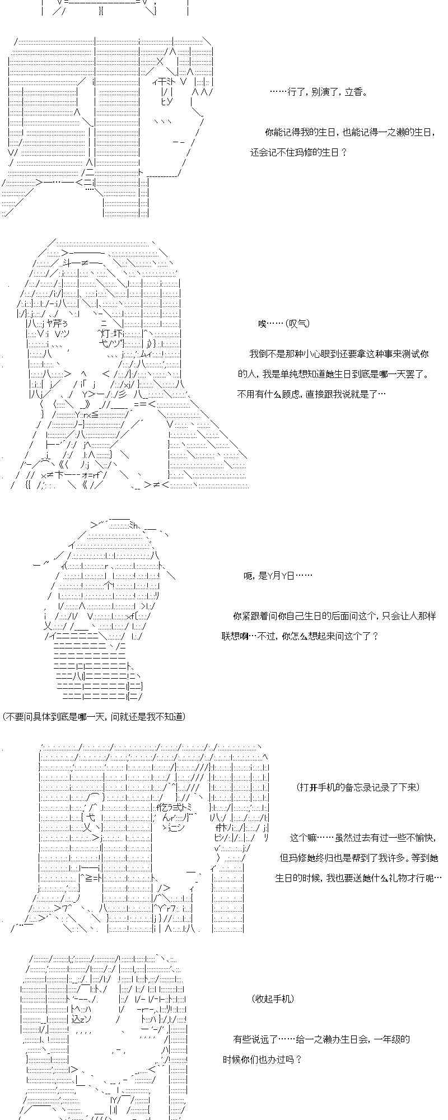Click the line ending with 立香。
(x=319, y=92)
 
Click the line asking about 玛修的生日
(x=298, y=152)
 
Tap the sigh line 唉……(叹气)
(x=284, y=324)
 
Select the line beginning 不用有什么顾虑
(x=311, y=394)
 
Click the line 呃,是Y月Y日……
(x=278, y=576)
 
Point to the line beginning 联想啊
(x=300, y=636)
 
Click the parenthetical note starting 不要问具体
(x=94, y=716)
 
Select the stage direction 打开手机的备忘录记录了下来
(x=358, y=787)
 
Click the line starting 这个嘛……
(x=363, y=838)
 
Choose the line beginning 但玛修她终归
(x=359, y=858)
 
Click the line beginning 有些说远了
(x=321, y=1039)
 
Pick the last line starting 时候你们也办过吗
(x=262, y=1059)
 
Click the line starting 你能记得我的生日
(x=350, y=132)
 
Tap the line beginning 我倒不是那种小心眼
(x=339, y=354)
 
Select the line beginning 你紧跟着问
(x=334, y=616)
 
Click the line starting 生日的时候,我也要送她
(x=358, y=878)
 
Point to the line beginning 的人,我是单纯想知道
(x=333, y=374)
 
